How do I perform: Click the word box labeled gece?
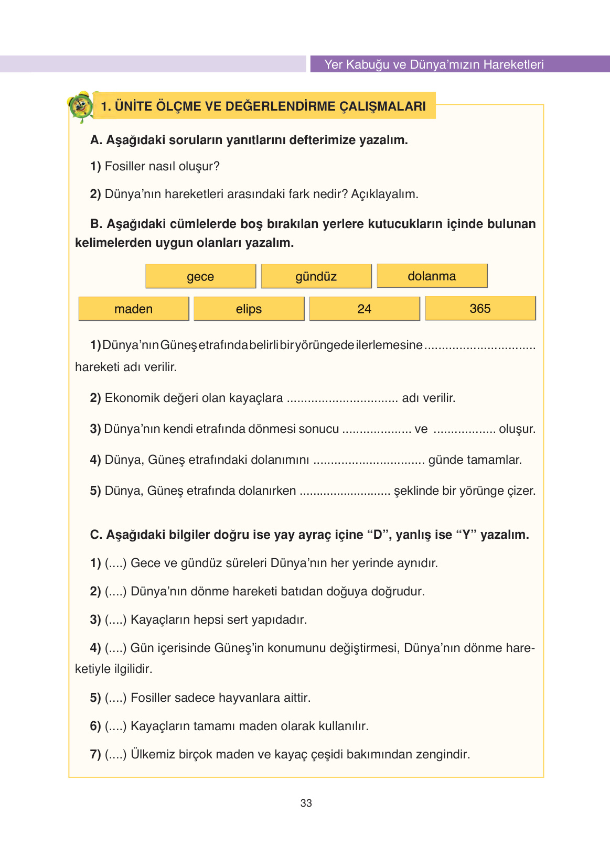pyautogui.click(x=200, y=276)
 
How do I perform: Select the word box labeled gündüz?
pyautogui.click(x=316, y=276)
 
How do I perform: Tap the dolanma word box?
pyautogui.click(x=432, y=276)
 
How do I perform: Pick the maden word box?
pyautogui.click(x=133, y=309)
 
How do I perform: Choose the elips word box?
pyautogui.click(x=249, y=309)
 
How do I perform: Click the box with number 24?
pyautogui.click(x=365, y=309)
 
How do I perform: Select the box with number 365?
pyautogui.click(x=480, y=308)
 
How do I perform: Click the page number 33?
pyautogui.click(x=306, y=803)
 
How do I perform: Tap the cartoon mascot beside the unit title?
pyautogui.click(x=81, y=107)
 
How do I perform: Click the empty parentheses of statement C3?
pyautogui.click(x=116, y=620)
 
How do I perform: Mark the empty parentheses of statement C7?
pyautogui.click(x=116, y=754)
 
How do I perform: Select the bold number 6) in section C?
pyautogui.click(x=95, y=726)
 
